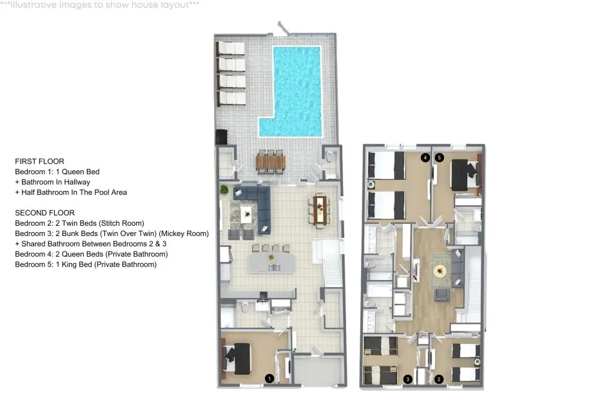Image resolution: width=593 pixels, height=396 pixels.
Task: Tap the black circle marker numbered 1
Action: pos(269,378)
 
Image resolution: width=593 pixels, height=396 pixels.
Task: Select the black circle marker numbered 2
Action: pos(439,379)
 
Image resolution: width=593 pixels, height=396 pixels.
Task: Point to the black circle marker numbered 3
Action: pos(407,379)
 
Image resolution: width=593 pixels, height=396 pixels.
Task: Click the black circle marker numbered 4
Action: pos(425,157)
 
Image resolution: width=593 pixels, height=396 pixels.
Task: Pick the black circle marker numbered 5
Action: pos(439,157)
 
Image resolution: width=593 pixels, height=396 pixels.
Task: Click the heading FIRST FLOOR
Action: pos(40,161)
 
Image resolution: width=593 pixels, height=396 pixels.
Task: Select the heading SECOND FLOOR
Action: pos(45,213)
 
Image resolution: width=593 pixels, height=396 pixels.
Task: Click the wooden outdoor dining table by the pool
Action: pos(271,162)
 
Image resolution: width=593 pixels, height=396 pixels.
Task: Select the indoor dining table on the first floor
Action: pos(320,210)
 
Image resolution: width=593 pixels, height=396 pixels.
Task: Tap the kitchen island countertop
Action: pos(271,262)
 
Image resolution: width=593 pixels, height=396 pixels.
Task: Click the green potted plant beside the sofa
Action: pos(224,189)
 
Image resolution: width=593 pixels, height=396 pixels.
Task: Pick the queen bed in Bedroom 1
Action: pos(237,358)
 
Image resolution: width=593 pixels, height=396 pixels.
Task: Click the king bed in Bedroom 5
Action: pos(466,175)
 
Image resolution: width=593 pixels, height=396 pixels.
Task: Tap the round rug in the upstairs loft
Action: pos(440,271)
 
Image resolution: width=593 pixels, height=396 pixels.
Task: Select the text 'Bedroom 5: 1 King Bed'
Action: pos(53,264)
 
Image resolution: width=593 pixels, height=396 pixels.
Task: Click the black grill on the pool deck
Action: pos(221,137)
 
